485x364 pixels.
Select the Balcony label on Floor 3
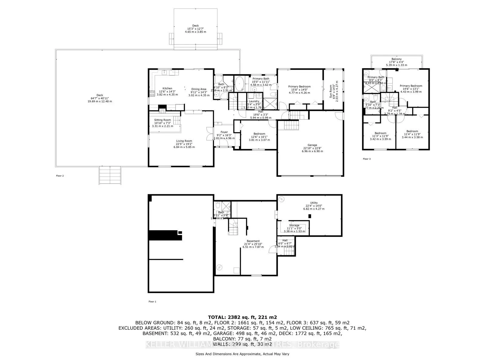pyautogui.click(x=396, y=59)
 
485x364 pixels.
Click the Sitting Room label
pyautogui.click(x=162, y=120)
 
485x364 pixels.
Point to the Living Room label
pyautogui.click(x=184, y=141)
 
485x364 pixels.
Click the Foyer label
pyautogui.click(x=224, y=132)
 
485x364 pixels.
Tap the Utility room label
pyautogui.click(x=314, y=203)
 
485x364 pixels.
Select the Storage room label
pyautogui.click(x=294, y=225)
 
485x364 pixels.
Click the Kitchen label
pyautogui.click(x=167, y=89)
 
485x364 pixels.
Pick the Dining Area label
pyautogui.click(x=199, y=89)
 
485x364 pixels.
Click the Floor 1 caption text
pyautogui.click(x=152, y=302)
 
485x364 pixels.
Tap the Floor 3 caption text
pyautogui.click(x=367, y=159)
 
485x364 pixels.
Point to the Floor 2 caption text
pyautogui.click(x=60, y=176)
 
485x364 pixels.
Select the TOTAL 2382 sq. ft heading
pyautogui.click(x=242, y=317)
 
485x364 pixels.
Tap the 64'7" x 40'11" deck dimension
pyautogui.click(x=100, y=98)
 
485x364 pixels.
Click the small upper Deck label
pyautogui.click(x=196, y=26)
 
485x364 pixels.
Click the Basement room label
pyautogui.click(x=253, y=241)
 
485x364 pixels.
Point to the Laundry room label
pyautogui.click(x=254, y=101)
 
